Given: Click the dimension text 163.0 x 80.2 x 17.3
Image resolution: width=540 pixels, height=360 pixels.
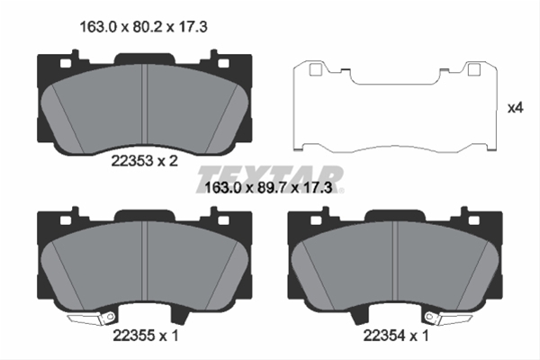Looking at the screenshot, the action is (143, 26).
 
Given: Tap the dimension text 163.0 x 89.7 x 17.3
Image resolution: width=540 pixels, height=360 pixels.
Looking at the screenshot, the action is (268, 188).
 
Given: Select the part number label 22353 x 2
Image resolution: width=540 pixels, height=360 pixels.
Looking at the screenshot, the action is (144, 160).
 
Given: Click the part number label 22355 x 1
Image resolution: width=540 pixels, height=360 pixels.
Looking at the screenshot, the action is (146, 335).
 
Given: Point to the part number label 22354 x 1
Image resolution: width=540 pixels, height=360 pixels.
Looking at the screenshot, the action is (396, 335).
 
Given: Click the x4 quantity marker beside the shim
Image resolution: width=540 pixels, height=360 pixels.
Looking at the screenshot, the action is (516, 108).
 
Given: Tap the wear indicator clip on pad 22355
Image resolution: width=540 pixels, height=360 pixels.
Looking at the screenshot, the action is (91, 319).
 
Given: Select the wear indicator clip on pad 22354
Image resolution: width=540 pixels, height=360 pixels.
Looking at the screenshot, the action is (449, 319).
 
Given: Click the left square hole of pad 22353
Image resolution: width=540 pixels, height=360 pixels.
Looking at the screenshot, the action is (66, 63).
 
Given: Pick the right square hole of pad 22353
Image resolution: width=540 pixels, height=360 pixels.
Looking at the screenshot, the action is (223, 63).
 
